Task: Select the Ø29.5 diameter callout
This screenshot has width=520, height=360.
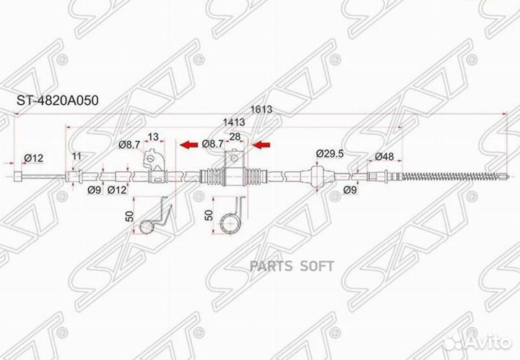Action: (x=329, y=153)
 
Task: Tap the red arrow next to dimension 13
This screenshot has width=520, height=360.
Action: (x=189, y=145)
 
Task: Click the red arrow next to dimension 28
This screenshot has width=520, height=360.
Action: (x=261, y=145)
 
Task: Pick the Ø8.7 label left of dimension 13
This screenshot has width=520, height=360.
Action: (x=129, y=144)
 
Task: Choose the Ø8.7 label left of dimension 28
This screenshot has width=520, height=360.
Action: (x=212, y=144)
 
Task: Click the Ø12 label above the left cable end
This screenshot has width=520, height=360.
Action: (x=33, y=157)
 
